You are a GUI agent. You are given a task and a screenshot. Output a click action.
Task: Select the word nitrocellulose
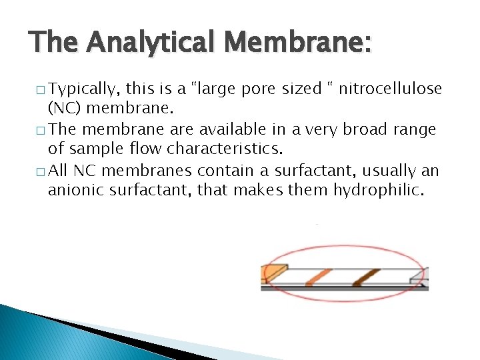coord(391,89)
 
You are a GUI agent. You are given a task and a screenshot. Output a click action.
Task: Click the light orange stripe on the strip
coord(320,277)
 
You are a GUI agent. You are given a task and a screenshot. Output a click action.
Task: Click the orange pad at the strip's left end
coord(274,273)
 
